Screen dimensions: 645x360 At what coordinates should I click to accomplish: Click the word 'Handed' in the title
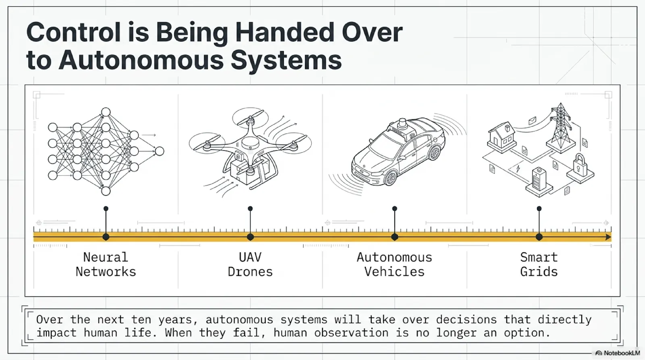(285, 33)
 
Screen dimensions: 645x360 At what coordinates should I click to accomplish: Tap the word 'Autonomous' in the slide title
(141, 60)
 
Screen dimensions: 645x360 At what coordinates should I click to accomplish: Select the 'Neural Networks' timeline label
(106, 264)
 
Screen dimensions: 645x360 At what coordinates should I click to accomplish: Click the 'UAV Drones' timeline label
(250, 264)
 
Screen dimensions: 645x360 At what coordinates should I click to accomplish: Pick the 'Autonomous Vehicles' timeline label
(395, 264)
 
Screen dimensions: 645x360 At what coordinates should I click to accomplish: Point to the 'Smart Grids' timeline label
(539, 264)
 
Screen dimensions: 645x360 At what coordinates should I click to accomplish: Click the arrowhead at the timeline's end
(608, 237)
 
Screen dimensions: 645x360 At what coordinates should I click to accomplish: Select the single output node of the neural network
(160, 151)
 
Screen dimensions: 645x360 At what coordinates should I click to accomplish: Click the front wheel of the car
(390, 178)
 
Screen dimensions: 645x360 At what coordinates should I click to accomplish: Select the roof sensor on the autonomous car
(402, 124)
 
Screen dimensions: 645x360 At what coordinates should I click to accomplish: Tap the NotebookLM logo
(618, 353)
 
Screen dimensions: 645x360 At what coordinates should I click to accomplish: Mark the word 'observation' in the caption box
(351, 333)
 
